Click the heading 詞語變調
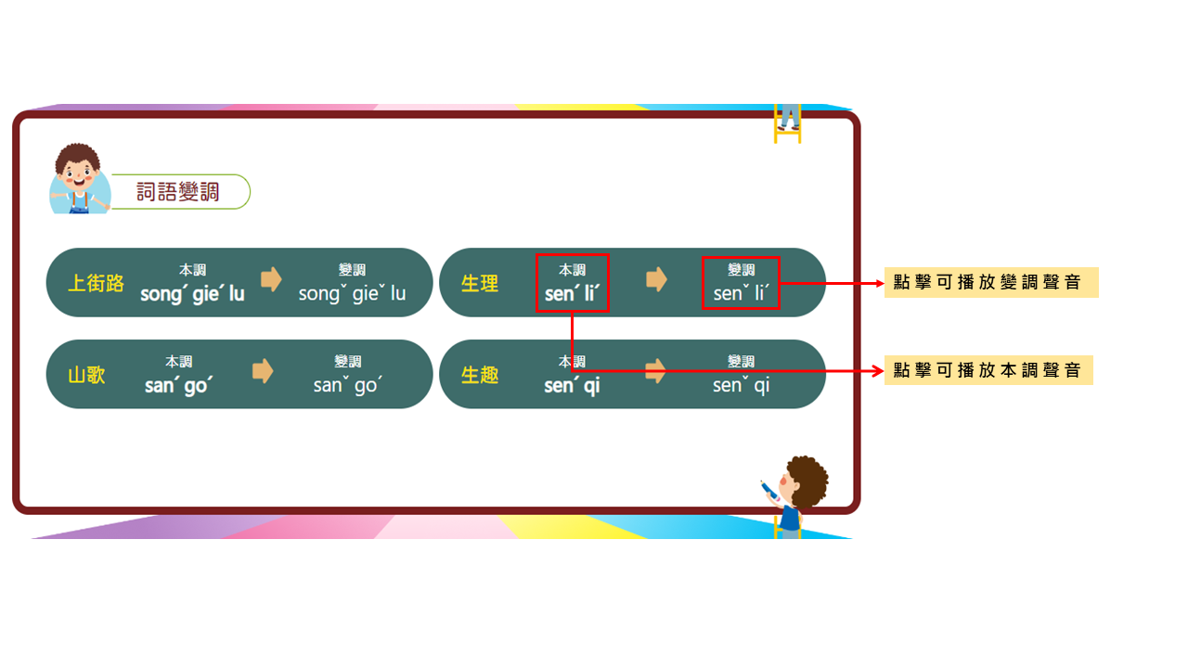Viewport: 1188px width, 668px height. pos(177,192)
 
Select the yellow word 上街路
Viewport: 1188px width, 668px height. pos(96,284)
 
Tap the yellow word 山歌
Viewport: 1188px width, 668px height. pos(86,376)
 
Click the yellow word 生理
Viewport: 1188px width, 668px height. pos(480,284)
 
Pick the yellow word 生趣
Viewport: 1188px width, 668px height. pos(480,376)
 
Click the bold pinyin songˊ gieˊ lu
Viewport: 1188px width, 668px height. pos(192,294)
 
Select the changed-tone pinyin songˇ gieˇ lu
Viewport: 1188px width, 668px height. pos(352,294)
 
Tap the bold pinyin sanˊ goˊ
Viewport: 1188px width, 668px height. pos(179,385)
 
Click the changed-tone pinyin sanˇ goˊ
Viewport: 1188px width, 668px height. pos(348,385)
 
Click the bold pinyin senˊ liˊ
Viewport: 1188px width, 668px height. pos(573,294)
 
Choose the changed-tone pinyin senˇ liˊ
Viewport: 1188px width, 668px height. pos(742,294)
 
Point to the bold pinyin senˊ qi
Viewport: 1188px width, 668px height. pos(572,385)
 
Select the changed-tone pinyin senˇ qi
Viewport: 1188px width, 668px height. pos(741,385)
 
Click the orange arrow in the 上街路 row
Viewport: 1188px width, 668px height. pos(271,279)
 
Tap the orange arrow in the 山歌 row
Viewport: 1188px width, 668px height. pos(263,371)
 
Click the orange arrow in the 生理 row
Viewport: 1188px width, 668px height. pos(656,279)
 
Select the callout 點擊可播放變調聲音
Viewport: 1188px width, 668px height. pos(991,283)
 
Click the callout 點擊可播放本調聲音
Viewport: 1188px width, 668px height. pos(988,370)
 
